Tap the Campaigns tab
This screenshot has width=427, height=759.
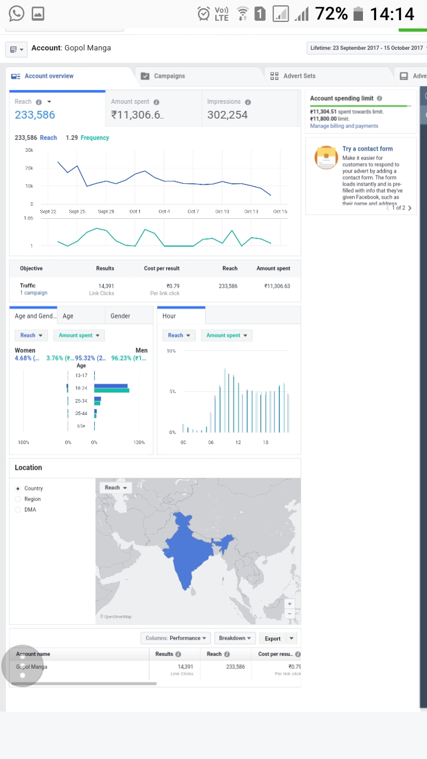tap(169, 76)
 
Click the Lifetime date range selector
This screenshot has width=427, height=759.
tap(366, 48)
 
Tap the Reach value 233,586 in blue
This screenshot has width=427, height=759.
tap(35, 115)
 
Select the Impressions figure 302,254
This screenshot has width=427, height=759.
tap(227, 115)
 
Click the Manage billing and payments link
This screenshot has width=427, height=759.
tap(343, 126)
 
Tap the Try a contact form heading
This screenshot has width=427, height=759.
tap(367, 149)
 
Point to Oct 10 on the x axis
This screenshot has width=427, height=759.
tap(222, 212)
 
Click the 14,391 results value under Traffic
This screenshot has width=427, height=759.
tap(106, 286)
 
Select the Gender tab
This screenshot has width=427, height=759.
tap(120, 316)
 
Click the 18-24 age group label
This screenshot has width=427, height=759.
tap(81, 388)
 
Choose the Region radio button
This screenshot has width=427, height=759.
tap(18, 499)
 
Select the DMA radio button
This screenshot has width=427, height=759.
tap(18, 510)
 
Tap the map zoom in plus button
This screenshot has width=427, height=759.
tap(289, 604)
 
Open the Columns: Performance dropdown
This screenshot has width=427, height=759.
tap(176, 638)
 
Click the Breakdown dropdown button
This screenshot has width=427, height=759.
tap(234, 638)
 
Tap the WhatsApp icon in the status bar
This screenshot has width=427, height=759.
tap(16, 13)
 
